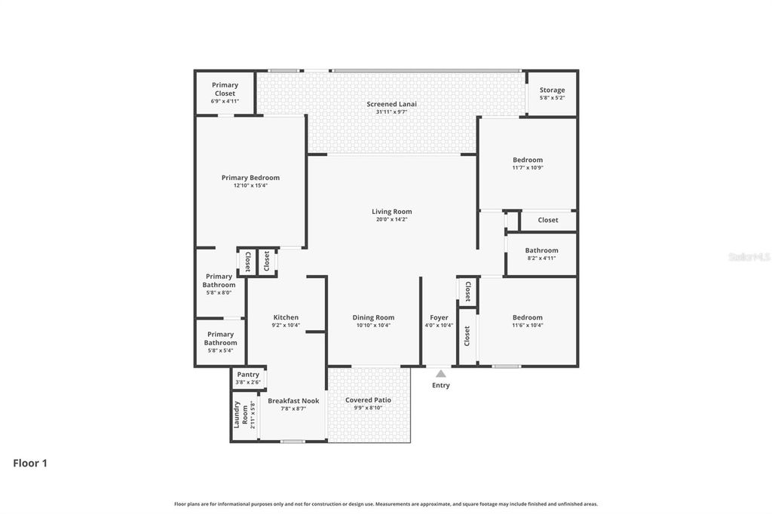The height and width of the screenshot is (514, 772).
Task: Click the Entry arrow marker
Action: pyautogui.click(x=441, y=374)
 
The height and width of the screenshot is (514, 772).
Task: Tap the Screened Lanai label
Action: pyautogui.click(x=391, y=104)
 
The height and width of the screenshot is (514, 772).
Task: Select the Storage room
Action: pyautogui.click(x=552, y=93)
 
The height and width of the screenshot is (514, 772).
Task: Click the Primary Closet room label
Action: pyautogui.click(x=225, y=89)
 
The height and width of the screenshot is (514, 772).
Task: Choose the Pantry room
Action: pyautogui.click(x=248, y=378)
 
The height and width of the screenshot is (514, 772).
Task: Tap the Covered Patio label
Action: pyautogui.click(x=368, y=400)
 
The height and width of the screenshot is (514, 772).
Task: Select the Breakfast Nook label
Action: pyautogui.click(x=293, y=401)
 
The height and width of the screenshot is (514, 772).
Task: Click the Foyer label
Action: pyautogui.click(x=439, y=317)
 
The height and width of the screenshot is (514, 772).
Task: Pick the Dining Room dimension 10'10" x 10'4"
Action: pyautogui.click(x=373, y=326)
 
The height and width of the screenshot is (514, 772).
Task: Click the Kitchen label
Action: pyautogui.click(x=286, y=317)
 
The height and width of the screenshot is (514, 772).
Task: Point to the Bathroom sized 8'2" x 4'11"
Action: pyautogui.click(x=541, y=254)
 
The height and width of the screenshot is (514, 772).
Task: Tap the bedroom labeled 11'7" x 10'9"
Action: pyautogui.click(x=528, y=164)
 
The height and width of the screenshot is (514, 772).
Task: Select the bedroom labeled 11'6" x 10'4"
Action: pyautogui.click(x=528, y=321)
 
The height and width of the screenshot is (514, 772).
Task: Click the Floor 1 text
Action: pyautogui.click(x=30, y=464)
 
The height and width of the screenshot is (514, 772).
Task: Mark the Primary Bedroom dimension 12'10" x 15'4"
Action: pyautogui.click(x=250, y=185)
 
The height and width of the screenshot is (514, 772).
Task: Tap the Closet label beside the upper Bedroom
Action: pyautogui.click(x=548, y=220)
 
